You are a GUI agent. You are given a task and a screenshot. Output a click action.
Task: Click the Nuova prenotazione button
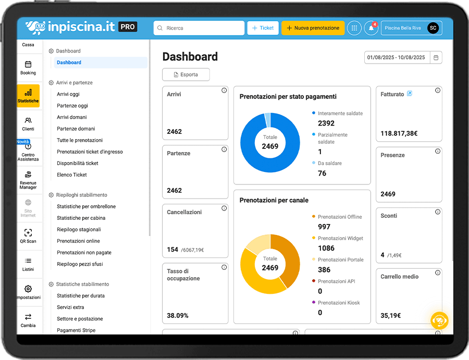pos(313,28)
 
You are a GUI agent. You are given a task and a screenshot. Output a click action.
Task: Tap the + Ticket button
pos(263,28)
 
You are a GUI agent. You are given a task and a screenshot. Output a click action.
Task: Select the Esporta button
pos(186,75)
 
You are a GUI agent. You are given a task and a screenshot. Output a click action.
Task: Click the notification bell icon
pos(371,28)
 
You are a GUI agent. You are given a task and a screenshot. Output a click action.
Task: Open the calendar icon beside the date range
pos(436,57)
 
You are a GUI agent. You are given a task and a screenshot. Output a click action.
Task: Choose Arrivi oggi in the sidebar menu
pos(68,94)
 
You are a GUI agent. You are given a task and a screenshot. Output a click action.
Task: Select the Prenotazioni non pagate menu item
pos(84,253)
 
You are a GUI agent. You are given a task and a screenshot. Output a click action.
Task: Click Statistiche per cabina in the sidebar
pos(81,218)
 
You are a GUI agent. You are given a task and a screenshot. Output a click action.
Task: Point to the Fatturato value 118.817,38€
pos(399,133)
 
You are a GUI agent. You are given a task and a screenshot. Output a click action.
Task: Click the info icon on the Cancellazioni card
pos(224,208)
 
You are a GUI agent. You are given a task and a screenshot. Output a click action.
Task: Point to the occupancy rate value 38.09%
pos(178,315)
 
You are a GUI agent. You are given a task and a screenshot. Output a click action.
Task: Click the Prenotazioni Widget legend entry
pos(340,239)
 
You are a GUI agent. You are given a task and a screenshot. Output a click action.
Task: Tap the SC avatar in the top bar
pos(433,28)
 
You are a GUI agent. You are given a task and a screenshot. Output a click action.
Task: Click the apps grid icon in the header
pos(354,28)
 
